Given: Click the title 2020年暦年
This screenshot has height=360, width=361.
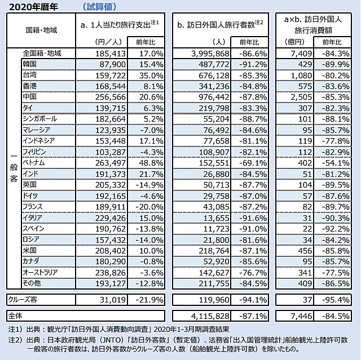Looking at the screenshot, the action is tap(33, 7).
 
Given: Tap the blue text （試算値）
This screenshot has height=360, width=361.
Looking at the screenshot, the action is tap(99, 7).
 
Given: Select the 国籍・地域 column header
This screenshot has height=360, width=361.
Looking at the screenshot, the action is tap(41, 30).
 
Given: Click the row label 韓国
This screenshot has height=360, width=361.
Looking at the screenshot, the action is tap(29, 64).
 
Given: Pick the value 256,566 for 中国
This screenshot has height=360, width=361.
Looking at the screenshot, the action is tap(111, 97).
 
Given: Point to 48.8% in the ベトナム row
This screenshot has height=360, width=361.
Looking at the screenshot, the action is tap(151, 163).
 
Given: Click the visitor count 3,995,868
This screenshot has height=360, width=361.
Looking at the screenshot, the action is tap(210, 54).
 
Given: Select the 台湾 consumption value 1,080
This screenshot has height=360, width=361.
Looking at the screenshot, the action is tap(301, 75).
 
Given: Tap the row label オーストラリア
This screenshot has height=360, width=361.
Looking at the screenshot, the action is tap(40, 273).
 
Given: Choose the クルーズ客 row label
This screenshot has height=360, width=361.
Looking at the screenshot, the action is tap(23, 300).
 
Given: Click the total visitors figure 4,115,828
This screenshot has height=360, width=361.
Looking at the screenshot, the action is tap(210, 316).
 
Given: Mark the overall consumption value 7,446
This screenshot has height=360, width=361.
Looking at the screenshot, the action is tap(301, 316).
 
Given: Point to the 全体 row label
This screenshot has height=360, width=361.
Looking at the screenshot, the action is tap(15, 316).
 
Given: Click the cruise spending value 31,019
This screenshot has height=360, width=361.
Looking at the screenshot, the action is tap(113, 300).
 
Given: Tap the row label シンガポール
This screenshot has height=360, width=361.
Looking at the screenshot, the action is tap(39, 119).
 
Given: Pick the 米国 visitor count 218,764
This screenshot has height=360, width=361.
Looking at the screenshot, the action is tap(214, 251).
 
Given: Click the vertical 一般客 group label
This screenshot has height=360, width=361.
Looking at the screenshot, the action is tap(14, 168).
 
